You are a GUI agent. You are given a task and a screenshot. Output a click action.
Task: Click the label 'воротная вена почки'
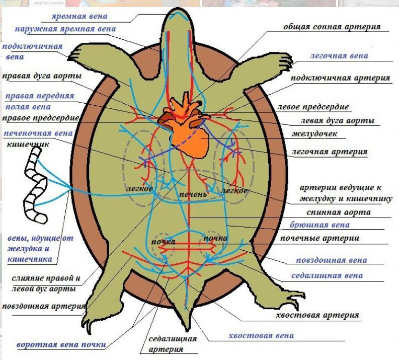61,345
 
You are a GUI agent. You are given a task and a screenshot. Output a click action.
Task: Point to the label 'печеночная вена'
38,133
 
